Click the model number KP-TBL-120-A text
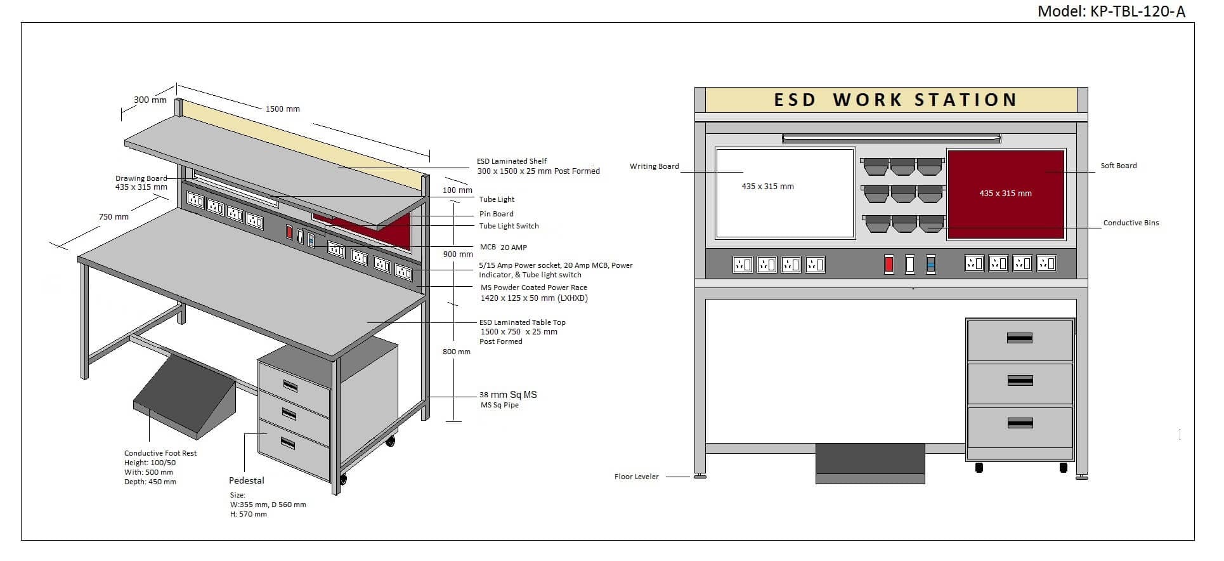tap(1111, 11)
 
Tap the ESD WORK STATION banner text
tap(895, 100)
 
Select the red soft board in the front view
tap(1005, 194)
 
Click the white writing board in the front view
tap(785, 193)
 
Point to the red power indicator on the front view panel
tap(889, 264)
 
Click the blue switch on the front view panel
tap(930, 264)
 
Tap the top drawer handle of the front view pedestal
tap(1019, 338)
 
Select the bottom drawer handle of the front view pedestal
tap(1019, 423)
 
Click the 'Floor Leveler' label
tap(636, 477)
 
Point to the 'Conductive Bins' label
tap(1131, 223)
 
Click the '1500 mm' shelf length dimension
tap(283, 109)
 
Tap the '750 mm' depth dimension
tap(114, 216)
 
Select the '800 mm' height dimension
tap(457, 352)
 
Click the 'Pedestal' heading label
tap(247, 480)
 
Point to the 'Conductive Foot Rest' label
tap(160, 453)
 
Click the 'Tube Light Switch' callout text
tap(509, 226)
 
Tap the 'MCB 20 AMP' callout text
tap(504, 247)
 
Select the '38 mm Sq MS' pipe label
tap(508, 395)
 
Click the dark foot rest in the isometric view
tap(184, 397)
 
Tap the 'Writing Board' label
tap(654, 166)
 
